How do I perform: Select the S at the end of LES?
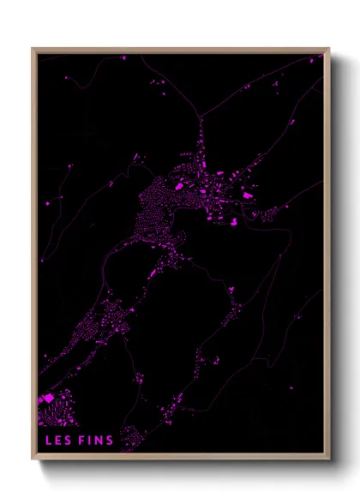pyautogui.click(x=67, y=441)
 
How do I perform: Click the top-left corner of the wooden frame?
pyautogui.click(x=33, y=49)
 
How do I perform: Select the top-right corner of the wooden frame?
pyautogui.click(x=329, y=49)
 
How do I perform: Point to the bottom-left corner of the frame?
pyautogui.click(x=33, y=459)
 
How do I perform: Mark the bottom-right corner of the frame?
pyautogui.click(x=329, y=459)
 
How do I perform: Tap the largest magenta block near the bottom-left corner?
pyautogui.click(x=47, y=399)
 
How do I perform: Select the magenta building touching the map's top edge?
pyautogui.click(x=123, y=57)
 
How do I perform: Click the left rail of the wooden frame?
pyautogui.click(x=34, y=257)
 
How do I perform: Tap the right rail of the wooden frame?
pyautogui.click(x=327, y=257)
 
